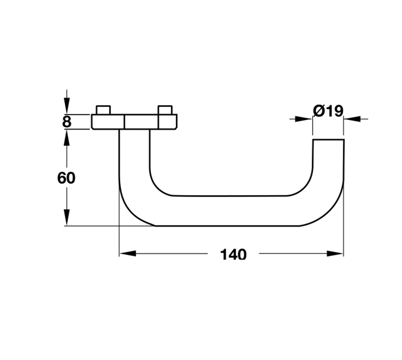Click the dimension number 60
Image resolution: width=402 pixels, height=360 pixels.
(66, 178)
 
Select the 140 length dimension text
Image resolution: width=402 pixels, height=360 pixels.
(234, 255)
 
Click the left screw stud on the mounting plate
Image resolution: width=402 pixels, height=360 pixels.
(103, 110)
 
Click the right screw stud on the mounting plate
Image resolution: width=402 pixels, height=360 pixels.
(165, 110)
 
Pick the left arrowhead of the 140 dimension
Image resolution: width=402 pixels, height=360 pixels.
(127, 254)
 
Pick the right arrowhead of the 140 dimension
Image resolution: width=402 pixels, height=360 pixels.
(335, 254)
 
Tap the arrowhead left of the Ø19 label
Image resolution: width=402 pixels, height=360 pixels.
(304, 119)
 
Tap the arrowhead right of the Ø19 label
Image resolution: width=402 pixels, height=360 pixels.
(353, 119)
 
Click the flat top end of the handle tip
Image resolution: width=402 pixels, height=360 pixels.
(329, 140)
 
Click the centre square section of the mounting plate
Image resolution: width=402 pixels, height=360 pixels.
(141, 122)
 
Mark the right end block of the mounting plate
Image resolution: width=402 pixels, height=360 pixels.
(167, 122)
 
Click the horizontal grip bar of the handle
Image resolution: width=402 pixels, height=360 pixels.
(229, 210)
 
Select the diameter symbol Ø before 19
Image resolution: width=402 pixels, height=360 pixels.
(318, 110)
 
